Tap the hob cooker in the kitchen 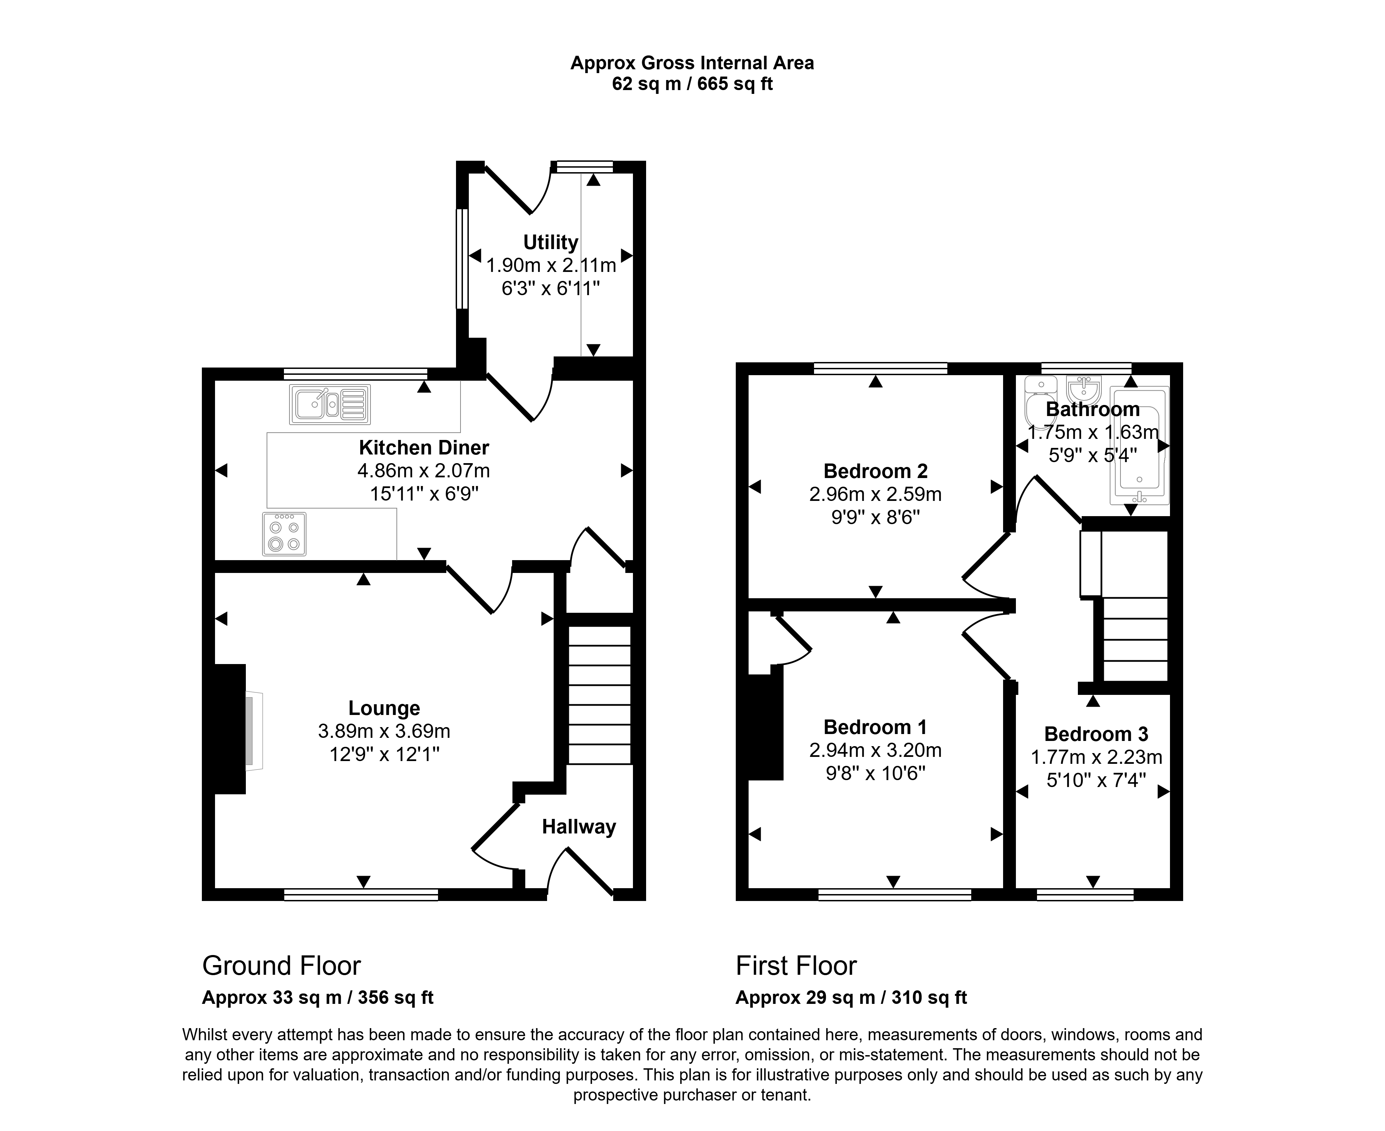284,534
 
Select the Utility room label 550,242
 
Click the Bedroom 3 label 1096,734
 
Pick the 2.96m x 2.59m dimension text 875,494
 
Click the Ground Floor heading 281,965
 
